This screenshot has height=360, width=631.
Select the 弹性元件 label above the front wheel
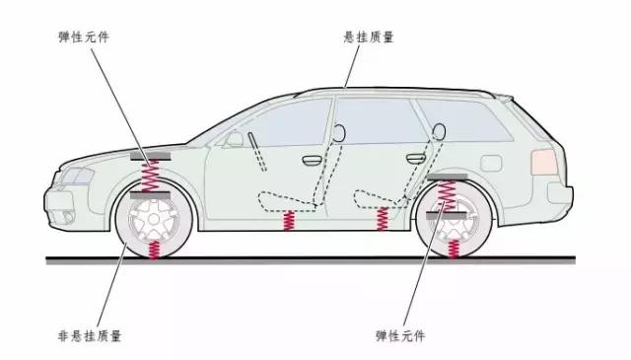tap(85, 36)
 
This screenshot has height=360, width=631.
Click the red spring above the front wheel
tap(151, 177)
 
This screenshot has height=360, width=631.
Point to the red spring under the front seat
tap(288, 221)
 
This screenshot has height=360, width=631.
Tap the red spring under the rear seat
tap(383, 218)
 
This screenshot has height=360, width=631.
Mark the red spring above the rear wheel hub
tap(448, 196)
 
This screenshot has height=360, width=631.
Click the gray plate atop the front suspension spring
tap(151, 157)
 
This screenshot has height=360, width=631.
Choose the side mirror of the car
tap(233, 139)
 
